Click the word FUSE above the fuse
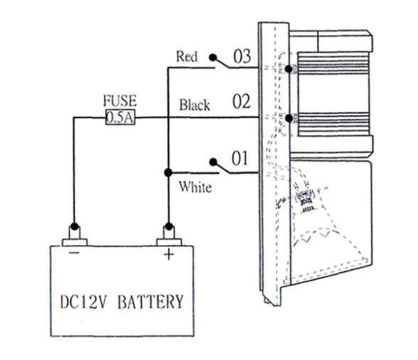point(120,100)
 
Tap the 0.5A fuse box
point(120,117)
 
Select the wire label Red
point(187,57)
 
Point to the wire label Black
point(195,105)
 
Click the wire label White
point(195,187)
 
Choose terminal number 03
point(242,57)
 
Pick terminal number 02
point(242,102)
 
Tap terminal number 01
point(240,158)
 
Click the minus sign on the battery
point(75,253)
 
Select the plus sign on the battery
point(168,254)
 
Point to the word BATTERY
point(151,301)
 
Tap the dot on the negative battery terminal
point(75,226)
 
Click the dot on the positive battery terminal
point(168,226)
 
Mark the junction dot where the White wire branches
point(168,173)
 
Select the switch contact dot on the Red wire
point(213,57)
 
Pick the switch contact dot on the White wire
point(213,162)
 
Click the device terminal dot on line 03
point(289,69)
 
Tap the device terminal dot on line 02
point(289,117)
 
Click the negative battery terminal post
point(75,235)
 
